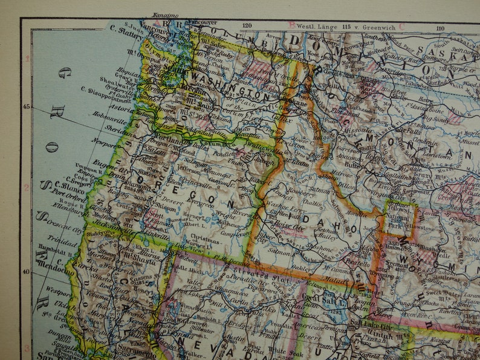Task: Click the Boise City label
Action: coord(277,225)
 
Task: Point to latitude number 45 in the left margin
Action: coord(26,107)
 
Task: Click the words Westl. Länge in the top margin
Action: coord(318,26)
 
